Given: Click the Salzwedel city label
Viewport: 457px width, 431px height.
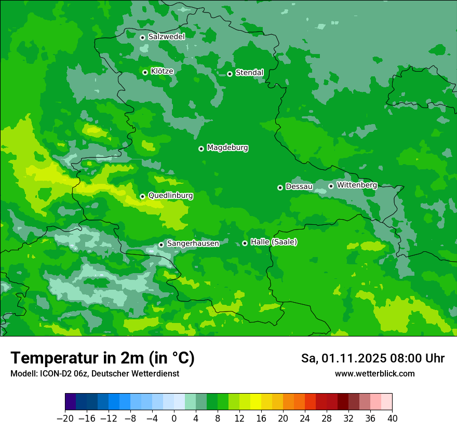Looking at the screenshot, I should click(x=166, y=37).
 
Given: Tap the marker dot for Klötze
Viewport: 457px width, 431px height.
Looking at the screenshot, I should click(x=145, y=72).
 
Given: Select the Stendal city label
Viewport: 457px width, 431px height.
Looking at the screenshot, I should click(x=249, y=73).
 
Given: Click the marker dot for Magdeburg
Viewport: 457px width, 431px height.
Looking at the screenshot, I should click(x=201, y=149).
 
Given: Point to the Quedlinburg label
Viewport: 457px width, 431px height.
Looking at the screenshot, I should click(x=170, y=196).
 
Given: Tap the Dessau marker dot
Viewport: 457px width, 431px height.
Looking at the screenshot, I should click(x=280, y=187).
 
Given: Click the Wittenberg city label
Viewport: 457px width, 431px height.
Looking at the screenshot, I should click(x=356, y=185).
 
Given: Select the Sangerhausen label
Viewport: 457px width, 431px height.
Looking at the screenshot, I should click(x=193, y=244).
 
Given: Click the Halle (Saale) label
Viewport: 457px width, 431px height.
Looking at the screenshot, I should click(x=274, y=242).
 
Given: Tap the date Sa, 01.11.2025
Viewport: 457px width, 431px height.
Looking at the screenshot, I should click(x=343, y=358).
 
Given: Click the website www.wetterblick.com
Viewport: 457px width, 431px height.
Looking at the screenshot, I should click(x=375, y=374).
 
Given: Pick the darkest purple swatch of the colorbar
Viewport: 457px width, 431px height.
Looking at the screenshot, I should click(x=71, y=402).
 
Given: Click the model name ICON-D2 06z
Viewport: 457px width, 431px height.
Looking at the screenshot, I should click(x=61, y=374).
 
